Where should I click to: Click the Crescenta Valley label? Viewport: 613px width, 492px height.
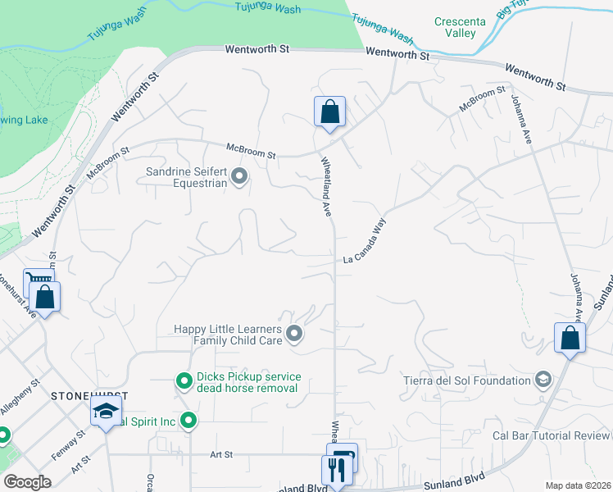455,27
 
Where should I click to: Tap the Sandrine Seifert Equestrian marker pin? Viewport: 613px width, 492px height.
239,176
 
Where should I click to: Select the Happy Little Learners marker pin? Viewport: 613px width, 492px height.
295,334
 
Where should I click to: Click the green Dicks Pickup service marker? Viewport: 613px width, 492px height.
184,380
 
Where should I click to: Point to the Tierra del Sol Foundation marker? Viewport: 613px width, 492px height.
542,380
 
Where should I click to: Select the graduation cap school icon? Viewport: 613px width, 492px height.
106,412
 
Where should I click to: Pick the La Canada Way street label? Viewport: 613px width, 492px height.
364,242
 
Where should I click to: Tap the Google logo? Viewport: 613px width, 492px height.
28,482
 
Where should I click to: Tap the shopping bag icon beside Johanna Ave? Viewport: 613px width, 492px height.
570,338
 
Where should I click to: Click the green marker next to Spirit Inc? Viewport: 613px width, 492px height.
189,421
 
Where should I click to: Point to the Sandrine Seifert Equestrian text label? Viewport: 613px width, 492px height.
186,177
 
